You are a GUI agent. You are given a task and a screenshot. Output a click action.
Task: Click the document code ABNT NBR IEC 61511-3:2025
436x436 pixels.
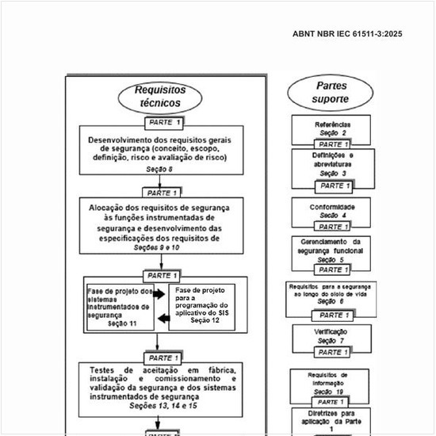click(347, 34)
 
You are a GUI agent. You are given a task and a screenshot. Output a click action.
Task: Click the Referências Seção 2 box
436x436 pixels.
click(331, 128)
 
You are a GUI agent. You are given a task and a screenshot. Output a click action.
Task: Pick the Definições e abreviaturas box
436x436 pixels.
click(331, 163)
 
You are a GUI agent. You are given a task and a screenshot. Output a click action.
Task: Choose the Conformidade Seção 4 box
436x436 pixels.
click(331, 211)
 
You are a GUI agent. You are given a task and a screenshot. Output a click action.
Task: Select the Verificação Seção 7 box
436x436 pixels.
click(331, 335)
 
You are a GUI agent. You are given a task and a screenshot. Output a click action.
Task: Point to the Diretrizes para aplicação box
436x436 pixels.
click(331, 420)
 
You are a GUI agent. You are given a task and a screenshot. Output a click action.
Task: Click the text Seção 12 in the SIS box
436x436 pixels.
click(205, 320)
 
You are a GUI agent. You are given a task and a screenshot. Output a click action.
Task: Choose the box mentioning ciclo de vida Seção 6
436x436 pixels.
click(331, 294)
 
